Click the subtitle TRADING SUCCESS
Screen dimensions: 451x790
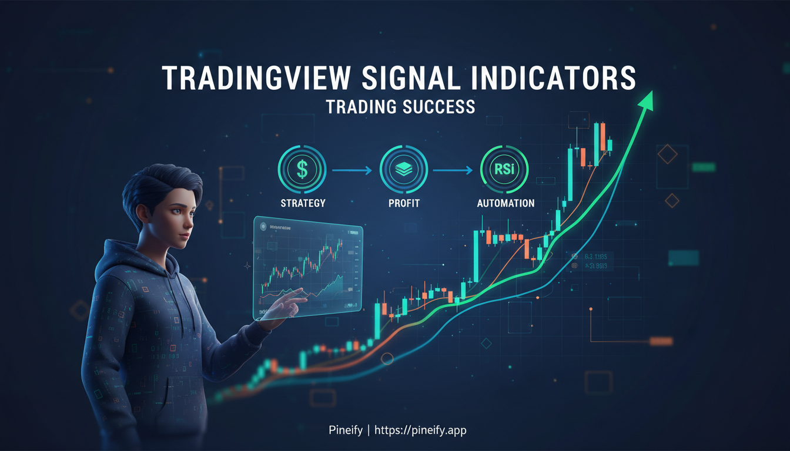pos(400,107)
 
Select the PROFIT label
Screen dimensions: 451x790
pos(403,203)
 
